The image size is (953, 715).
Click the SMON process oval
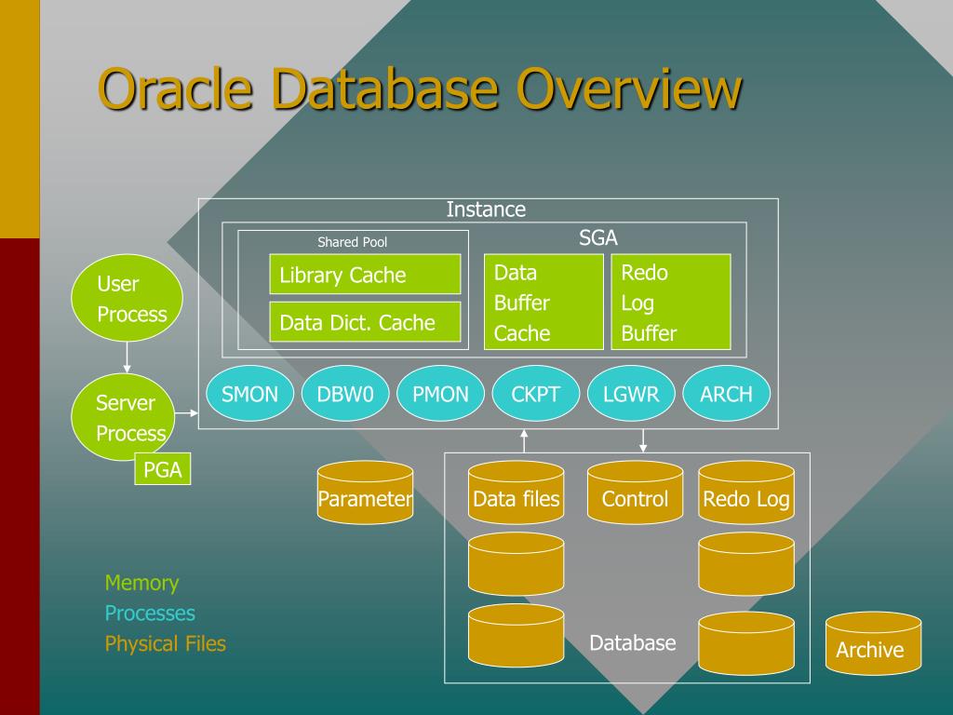249,394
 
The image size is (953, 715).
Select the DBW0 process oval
345,394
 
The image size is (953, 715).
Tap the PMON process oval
440,394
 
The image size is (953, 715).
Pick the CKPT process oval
535,394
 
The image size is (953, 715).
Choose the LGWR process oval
631,394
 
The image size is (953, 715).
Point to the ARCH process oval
726,394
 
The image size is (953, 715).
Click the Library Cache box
365,275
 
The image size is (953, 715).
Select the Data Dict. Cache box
365,321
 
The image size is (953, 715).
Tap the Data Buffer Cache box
544,302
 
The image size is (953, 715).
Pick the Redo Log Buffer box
670,302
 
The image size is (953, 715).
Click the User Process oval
127,298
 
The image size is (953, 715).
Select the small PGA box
162,469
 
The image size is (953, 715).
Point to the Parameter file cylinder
365,492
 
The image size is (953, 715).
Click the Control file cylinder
635,492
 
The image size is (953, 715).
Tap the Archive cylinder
873,643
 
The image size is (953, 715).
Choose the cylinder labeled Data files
516,492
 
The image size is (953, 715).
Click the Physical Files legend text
166,643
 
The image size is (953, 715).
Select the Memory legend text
141,583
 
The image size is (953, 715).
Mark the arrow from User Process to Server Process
127,357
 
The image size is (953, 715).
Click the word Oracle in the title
175,88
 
